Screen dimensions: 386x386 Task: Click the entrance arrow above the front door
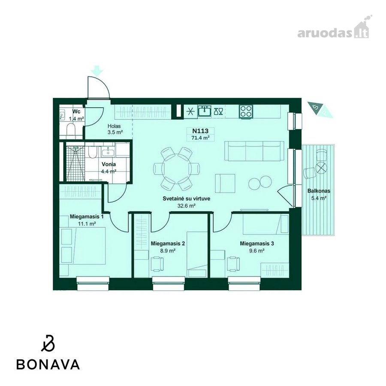[97, 70]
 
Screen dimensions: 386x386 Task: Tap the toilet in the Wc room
[71, 130]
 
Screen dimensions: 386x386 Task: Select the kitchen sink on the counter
[204, 111]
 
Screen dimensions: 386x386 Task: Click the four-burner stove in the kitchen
[246, 111]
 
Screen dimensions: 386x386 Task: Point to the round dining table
[177, 169]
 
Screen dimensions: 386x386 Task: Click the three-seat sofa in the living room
[254, 151]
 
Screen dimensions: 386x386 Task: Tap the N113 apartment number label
[200, 131]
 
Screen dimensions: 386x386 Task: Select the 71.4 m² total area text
[200, 138]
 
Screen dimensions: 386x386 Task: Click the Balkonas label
[319, 191]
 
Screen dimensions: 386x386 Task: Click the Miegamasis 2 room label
[168, 244]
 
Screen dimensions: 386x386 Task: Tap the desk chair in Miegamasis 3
[233, 264]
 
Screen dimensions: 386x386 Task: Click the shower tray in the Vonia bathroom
[75, 163]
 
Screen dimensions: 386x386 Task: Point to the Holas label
[114, 126]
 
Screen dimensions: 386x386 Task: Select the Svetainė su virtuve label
[187, 199]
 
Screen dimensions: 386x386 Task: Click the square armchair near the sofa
[225, 183]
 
